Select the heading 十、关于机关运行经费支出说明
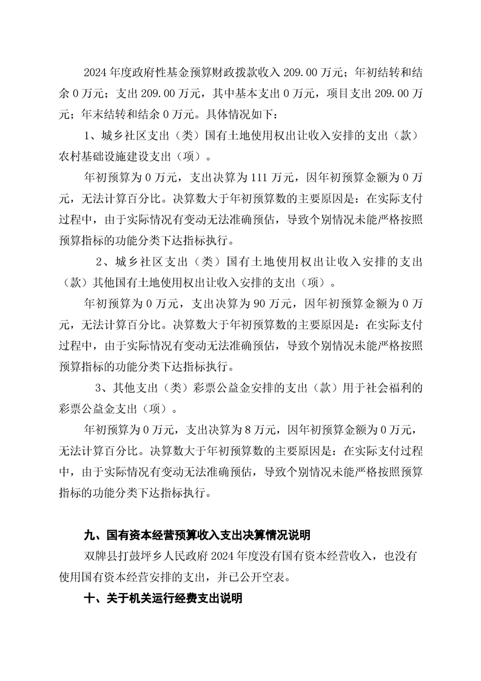point(163,598)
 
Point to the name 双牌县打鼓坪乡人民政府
point(146,556)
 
